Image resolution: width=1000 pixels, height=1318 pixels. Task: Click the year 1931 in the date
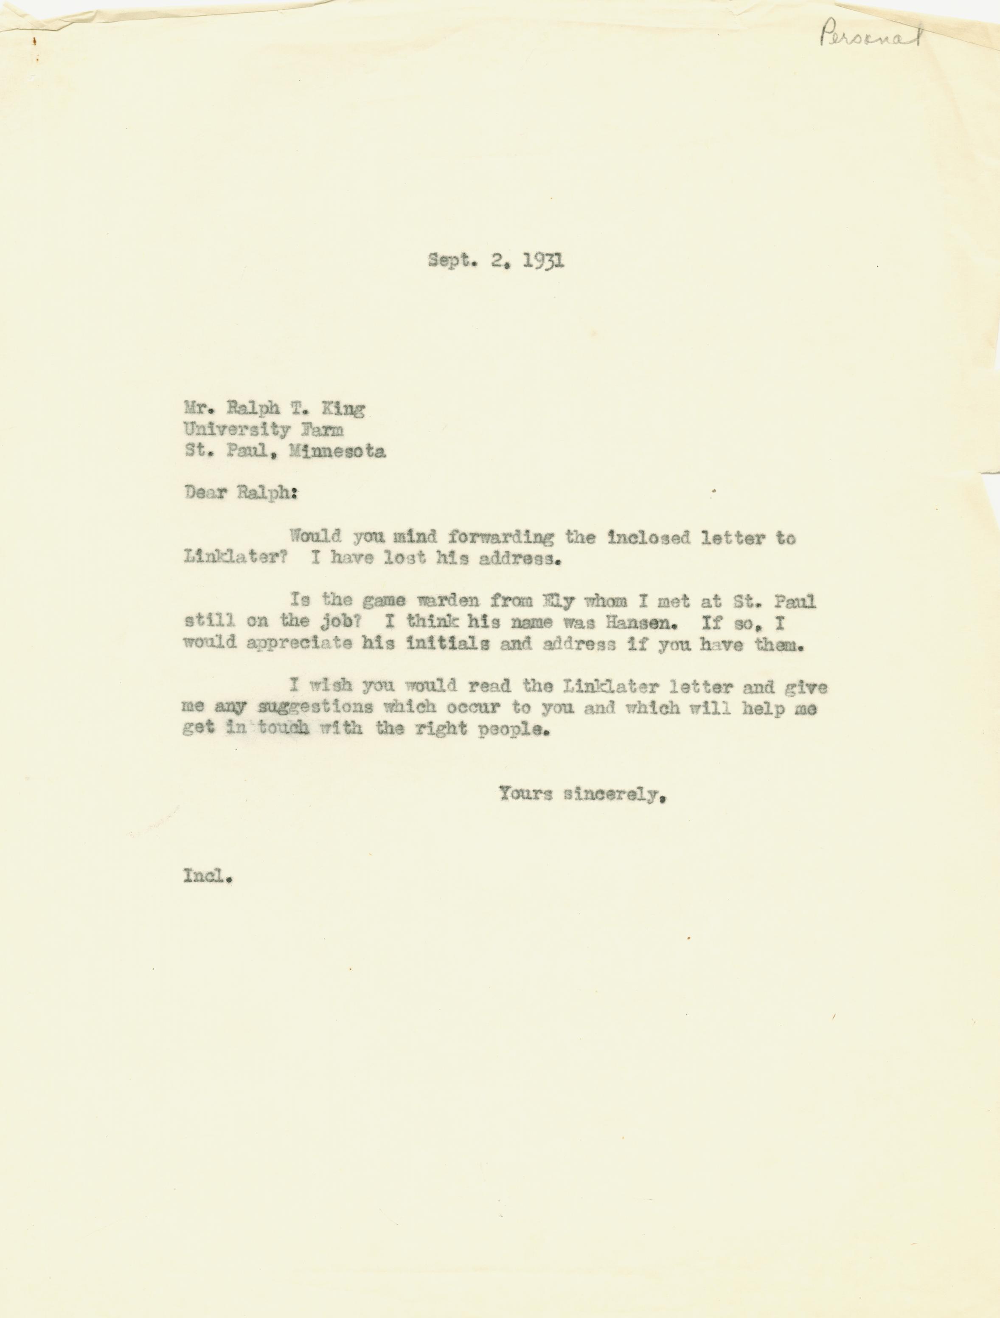(543, 261)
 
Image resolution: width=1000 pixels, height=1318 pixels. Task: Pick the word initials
(448, 644)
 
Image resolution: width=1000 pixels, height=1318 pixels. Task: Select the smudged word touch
(284, 728)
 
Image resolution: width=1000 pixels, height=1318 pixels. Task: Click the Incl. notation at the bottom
(207, 876)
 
